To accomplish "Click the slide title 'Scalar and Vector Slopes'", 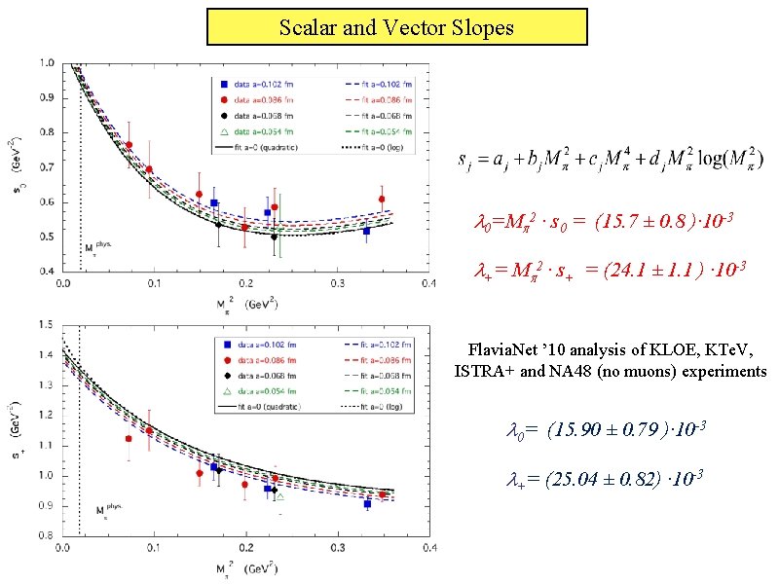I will [x=396, y=27].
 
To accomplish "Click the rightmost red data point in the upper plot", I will [x=382, y=200].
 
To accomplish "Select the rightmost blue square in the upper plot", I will [x=366, y=231].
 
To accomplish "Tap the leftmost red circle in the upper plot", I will [x=130, y=145].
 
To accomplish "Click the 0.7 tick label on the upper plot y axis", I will [x=48, y=167].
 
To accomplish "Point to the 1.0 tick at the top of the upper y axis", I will [x=48, y=64].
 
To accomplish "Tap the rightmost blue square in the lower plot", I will [x=367, y=503].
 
